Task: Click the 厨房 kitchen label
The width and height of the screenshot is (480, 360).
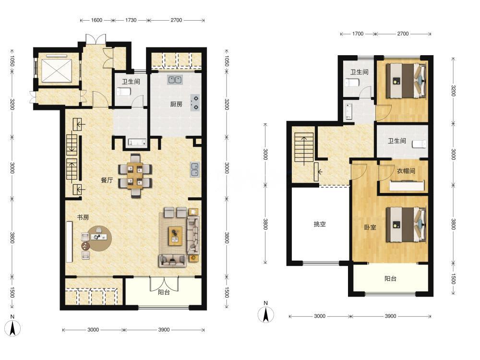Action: pyautogui.click(x=176, y=104)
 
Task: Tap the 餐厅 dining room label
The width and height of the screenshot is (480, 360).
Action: pyautogui.click(x=107, y=180)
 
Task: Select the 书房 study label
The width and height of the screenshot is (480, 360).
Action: pyautogui.click(x=83, y=217)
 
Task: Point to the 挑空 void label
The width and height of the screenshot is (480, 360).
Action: pyautogui.click(x=320, y=224)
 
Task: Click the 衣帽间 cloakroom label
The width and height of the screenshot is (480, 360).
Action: pyautogui.click(x=406, y=171)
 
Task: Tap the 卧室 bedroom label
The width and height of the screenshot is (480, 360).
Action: pyautogui.click(x=370, y=228)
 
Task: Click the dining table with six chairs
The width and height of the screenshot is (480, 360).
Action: pyautogui.click(x=135, y=175)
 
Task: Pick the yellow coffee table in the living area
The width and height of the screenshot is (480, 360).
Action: pyautogui.click(x=175, y=236)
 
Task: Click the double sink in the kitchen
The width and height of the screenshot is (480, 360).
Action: pyautogui.click(x=175, y=80)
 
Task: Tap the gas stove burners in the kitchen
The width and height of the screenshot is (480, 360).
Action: pyautogui.click(x=195, y=103)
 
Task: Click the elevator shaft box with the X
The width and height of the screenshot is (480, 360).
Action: pyautogui.click(x=56, y=71)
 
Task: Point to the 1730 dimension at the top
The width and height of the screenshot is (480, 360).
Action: pyautogui.click(x=131, y=20)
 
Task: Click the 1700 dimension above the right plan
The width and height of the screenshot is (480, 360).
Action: pyautogui.click(x=358, y=34)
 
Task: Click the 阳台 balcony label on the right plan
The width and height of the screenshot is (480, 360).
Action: pyautogui.click(x=390, y=278)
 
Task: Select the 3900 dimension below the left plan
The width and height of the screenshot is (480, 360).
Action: pyautogui.click(x=164, y=330)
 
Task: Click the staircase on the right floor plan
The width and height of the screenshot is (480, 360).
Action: pyautogui.click(x=304, y=147)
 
